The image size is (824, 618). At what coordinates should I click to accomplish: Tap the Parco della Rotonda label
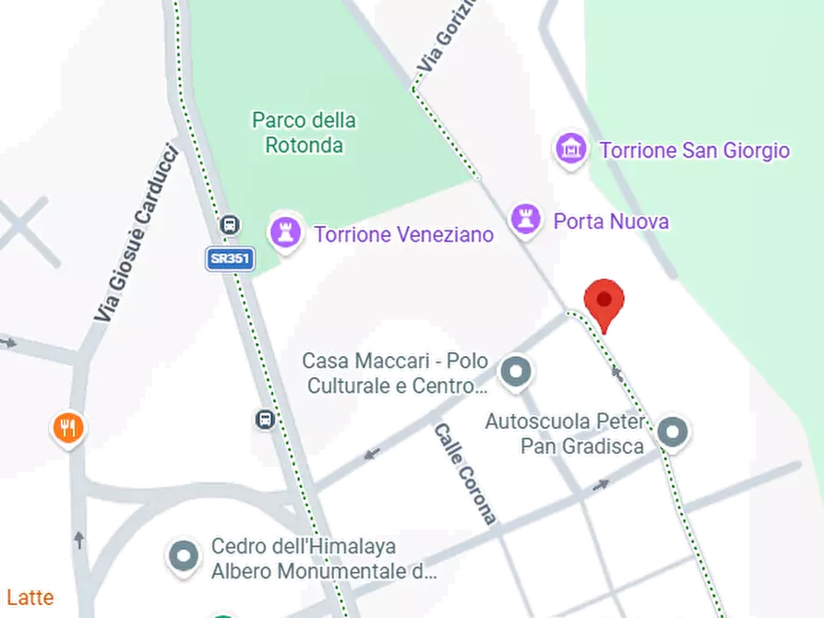pos(304,133)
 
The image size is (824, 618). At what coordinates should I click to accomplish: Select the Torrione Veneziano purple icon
pos(284,232)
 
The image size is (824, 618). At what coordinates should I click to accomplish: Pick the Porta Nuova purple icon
pos(525,220)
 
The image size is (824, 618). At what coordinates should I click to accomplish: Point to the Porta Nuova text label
pos(611,221)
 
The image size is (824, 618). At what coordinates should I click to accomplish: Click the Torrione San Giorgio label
pos(695,150)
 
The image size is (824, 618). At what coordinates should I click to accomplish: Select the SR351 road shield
pos(229,259)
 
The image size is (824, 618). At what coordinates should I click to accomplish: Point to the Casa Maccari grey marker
pos(515,373)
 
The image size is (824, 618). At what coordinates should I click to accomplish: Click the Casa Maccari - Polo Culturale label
pos(397,374)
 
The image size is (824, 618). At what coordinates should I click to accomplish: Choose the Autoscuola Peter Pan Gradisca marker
pos(675,432)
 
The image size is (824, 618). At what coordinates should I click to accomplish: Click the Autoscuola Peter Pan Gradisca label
pos(566,434)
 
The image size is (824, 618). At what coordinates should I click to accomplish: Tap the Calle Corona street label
pos(466,473)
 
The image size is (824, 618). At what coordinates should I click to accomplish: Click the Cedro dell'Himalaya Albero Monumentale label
pos(323,559)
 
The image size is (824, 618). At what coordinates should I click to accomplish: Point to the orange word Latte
pos(30,598)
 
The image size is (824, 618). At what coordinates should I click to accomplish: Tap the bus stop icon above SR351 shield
pos(230,224)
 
